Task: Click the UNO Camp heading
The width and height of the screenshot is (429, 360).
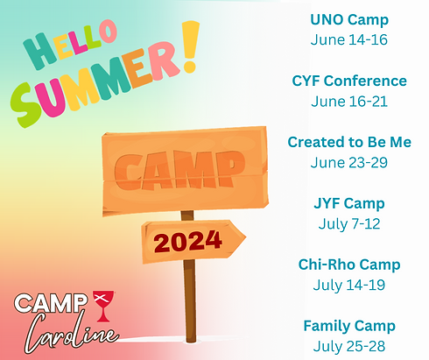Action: point(349,19)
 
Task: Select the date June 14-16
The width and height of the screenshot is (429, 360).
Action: point(349,39)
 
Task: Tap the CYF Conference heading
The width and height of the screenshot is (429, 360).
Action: point(349,81)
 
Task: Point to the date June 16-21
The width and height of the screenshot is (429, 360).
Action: point(349,101)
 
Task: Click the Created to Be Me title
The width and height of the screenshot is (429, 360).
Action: point(349,142)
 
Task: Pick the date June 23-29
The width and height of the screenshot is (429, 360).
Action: point(349,162)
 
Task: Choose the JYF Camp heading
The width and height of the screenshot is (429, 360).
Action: point(349,203)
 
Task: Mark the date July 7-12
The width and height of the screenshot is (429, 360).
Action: point(349,223)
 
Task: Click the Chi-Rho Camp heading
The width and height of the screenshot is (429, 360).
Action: point(349,265)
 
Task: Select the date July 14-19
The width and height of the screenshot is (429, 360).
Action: point(349,285)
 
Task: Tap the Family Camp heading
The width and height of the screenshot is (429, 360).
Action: point(349,326)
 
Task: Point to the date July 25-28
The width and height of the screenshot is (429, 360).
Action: point(349,346)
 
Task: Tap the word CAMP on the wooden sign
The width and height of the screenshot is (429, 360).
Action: point(180,165)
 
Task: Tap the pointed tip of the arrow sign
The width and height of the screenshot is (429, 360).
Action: point(243,236)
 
